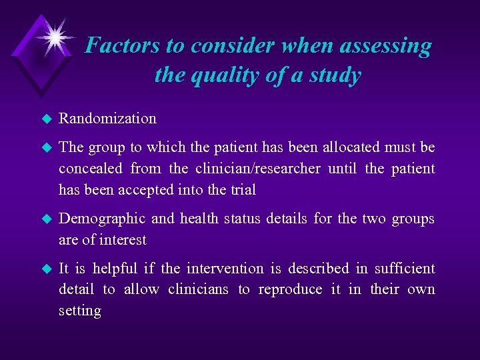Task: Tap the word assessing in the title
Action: pyautogui.click(x=385, y=45)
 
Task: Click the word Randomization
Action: pyautogui.click(x=107, y=119)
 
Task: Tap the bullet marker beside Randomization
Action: pyautogui.click(x=45, y=119)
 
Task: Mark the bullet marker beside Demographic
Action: pyautogui.click(x=45, y=219)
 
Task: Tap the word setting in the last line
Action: pyautogui.click(x=79, y=311)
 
